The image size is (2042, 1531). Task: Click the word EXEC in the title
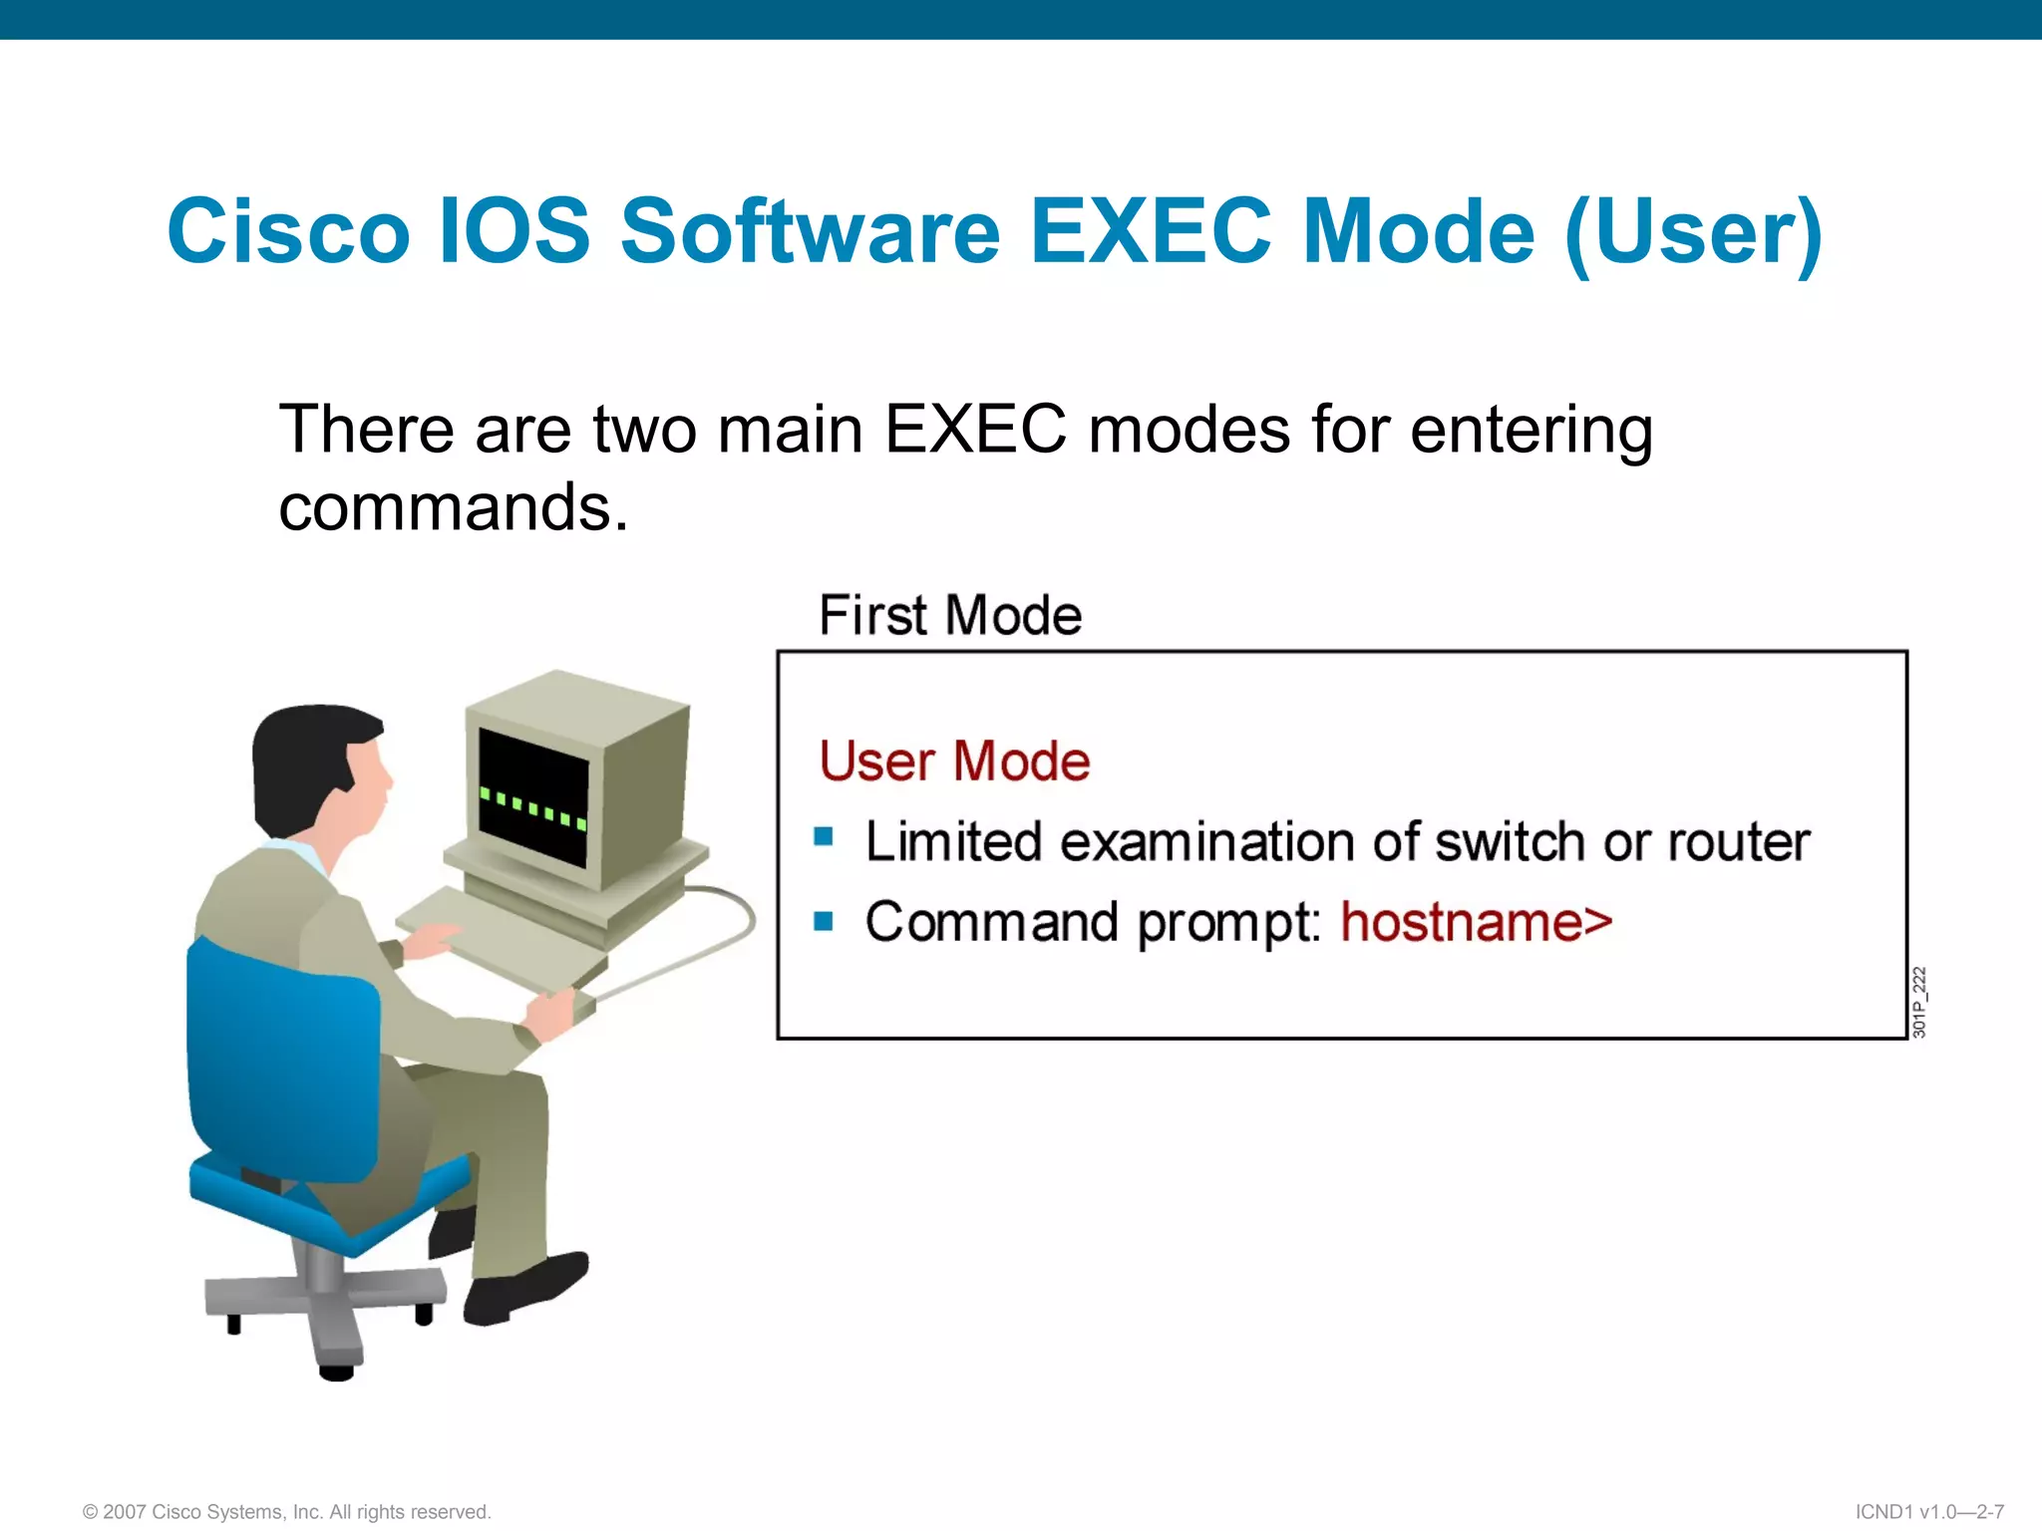pos(1150,231)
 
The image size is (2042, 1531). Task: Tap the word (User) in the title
pos(1694,233)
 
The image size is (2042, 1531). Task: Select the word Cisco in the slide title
pos(288,231)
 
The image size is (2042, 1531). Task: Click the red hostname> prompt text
pos(1476,922)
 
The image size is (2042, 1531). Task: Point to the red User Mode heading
pos(954,762)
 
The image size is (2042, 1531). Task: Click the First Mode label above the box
pos(949,615)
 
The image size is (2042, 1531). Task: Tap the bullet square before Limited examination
pos(824,836)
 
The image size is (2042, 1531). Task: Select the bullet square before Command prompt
pos(824,920)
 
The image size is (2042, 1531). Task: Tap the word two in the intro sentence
pos(644,431)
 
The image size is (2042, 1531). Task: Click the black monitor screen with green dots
pos(533,797)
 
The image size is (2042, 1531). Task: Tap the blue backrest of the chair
pos(279,1057)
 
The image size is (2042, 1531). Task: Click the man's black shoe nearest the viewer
pos(523,1291)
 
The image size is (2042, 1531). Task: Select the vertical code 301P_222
pos(1919,1002)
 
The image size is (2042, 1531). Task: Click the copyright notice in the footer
pos(287,1512)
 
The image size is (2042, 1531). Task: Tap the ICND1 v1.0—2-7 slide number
pos(1929,1512)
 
